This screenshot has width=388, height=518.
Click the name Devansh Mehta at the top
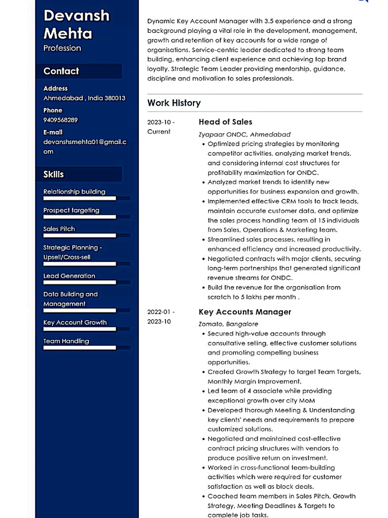(x=76, y=24)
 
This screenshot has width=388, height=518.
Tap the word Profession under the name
(x=62, y=48)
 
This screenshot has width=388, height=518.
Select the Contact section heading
(x=61, y=71)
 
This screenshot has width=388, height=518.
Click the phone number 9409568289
(x=61, y=120)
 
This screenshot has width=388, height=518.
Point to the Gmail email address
(x=84, y=147)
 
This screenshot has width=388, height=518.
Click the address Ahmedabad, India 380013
(x=84, y=98)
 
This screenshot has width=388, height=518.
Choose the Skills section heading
(x=54, y=175)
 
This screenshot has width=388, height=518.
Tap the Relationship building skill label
(x=74, y=192)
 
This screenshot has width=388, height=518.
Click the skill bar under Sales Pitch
(x=80, y=235)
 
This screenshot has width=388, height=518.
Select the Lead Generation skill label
(x=69, y=276)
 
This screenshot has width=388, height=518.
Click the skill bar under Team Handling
(x=80, y=348)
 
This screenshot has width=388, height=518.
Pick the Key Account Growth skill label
(x=75, y=322)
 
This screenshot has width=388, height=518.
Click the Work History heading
(x=174, y=103)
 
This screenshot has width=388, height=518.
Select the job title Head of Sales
(x=225, y=122)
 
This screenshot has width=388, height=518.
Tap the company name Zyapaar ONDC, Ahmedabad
(x=245, y=135)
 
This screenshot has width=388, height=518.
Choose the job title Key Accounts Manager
(x=245, y=312)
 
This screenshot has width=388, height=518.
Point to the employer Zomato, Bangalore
(x=228, y=324)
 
